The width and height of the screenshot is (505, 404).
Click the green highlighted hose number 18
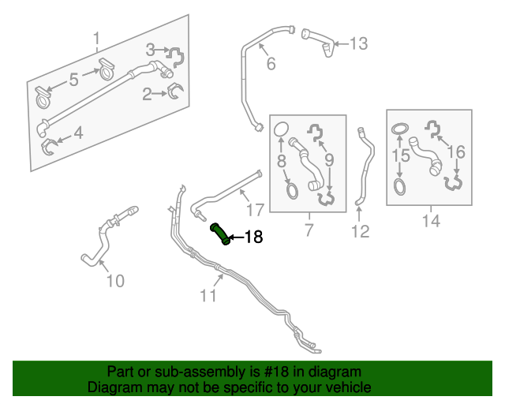tap(221, 234)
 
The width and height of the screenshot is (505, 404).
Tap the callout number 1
tap(97, 39)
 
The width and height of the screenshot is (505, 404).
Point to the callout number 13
tap(358, 43)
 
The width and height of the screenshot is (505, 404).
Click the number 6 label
tap(271, 65)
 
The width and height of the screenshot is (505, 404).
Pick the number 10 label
tap(115, 280)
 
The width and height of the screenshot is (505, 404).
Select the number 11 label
tap(208, 296)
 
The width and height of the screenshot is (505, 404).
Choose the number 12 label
tap(360, 231)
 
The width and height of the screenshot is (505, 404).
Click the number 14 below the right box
tap(430, 222)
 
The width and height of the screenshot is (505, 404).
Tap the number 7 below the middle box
tap(309, 230)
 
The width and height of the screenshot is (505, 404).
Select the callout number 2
tap(147, 95)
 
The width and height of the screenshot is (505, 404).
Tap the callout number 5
tap(73, 79)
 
